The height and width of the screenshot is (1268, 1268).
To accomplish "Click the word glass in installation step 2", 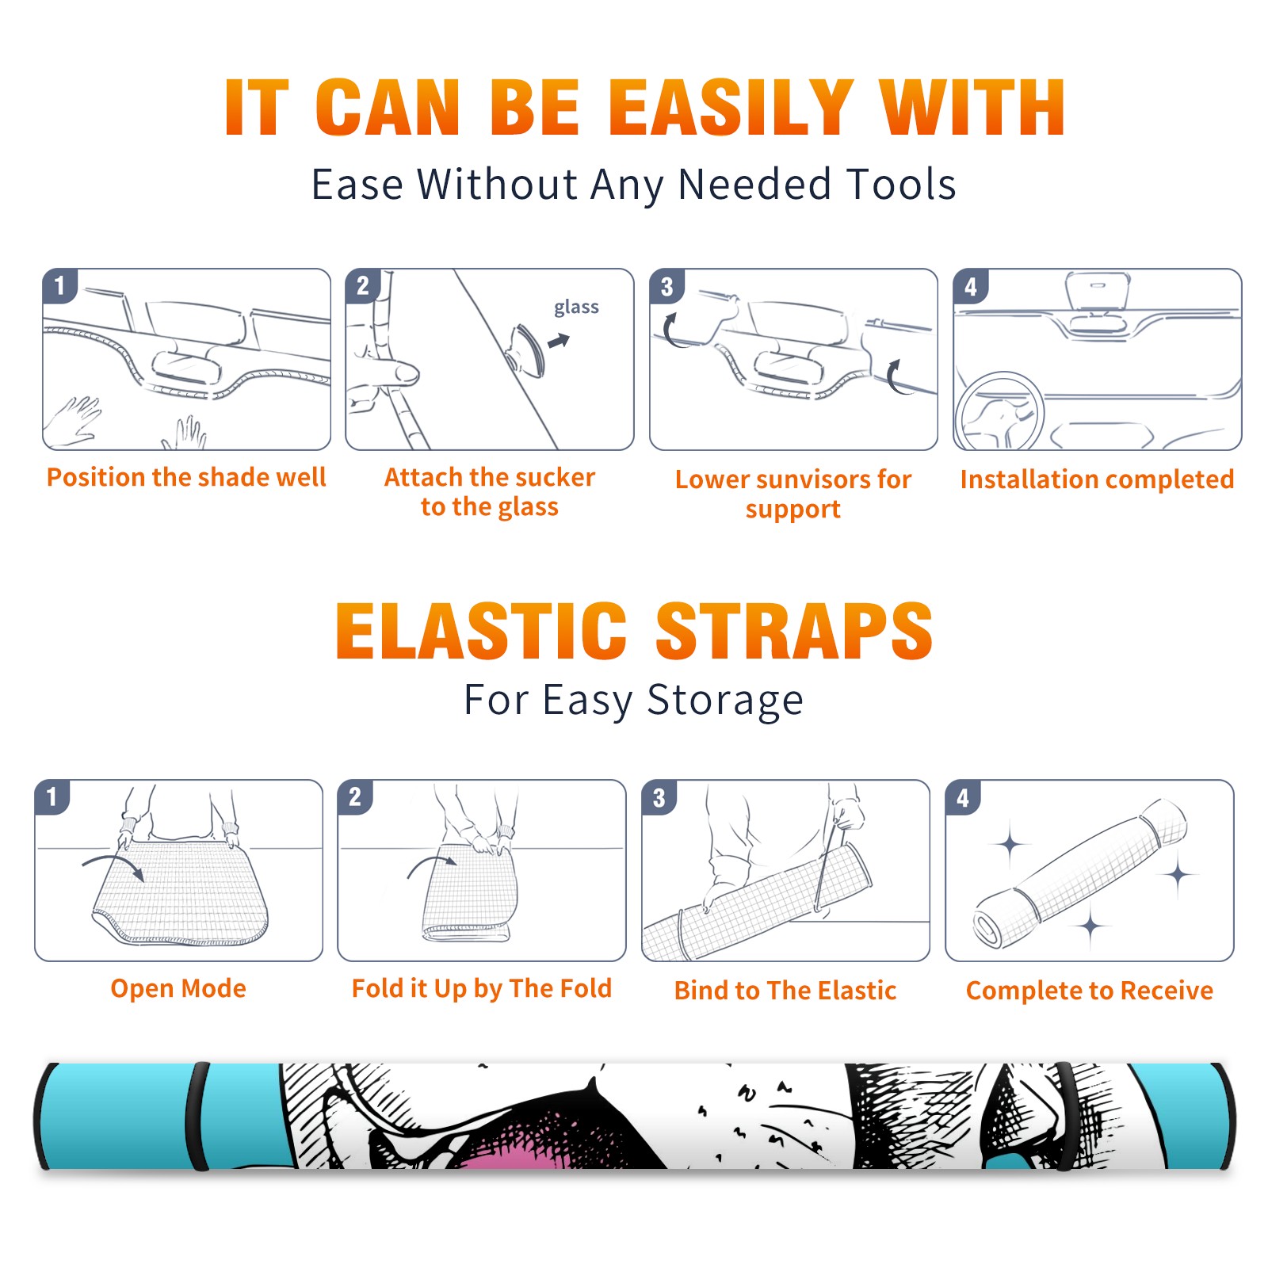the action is tap(576, 307).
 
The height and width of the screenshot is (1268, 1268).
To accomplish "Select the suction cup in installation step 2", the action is tap(526, 349).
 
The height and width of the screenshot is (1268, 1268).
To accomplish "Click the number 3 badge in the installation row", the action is tap(666, 286).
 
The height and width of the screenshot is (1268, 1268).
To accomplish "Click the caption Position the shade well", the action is tap(186, 477).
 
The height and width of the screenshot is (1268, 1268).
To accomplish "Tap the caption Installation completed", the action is tap(1097, 479).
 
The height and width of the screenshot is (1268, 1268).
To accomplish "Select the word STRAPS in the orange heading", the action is tap(794, 631).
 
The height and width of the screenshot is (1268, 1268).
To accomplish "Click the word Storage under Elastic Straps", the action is tap(725, 701).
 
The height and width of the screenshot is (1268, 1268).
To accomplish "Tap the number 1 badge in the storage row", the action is tap(52, 796).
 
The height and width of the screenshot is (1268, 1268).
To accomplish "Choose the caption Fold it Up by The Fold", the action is tap(482, 988).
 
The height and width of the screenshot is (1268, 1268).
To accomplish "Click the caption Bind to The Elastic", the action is tap(785, 990).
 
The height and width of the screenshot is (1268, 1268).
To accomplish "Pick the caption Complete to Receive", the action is tap(1090, 990).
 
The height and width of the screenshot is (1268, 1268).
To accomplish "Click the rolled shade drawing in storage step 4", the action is tap(1079, 873).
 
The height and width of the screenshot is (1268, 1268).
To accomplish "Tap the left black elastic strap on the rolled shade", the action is tap(197, 1117).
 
